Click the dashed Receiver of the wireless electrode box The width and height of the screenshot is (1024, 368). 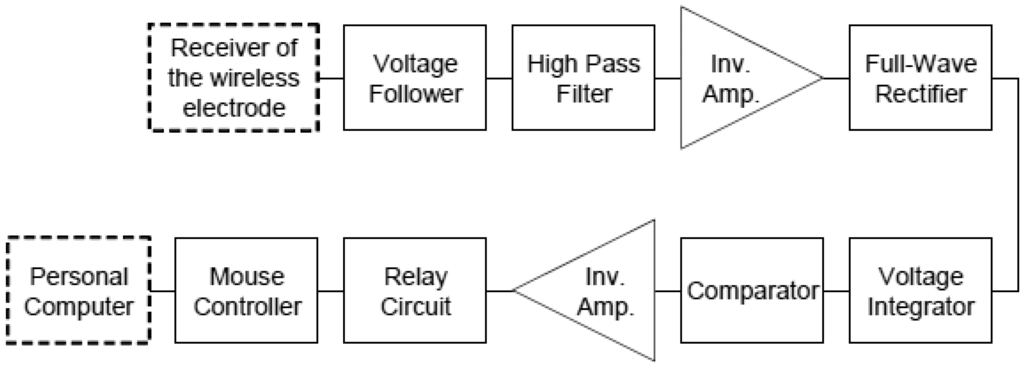[x=229, y=79]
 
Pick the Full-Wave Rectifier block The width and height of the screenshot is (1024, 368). [x=920, y=79]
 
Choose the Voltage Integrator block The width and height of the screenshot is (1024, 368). [x=920, y=290]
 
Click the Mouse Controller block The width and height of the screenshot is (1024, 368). [x=246, y=290]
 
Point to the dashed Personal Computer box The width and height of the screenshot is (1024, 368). [x=78, y=290]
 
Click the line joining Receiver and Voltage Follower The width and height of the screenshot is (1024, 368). [x=330, y=79]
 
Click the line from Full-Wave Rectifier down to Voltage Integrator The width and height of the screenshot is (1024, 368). [x=1006, y=185]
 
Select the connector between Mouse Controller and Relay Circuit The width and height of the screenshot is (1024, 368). [x=330, y=290]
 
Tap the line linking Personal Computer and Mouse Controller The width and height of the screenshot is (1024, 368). [x=162, y=290]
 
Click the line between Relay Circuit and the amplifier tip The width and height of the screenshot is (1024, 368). [x=499, y=290]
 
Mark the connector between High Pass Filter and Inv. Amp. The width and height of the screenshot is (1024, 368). [x=667, y=79]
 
